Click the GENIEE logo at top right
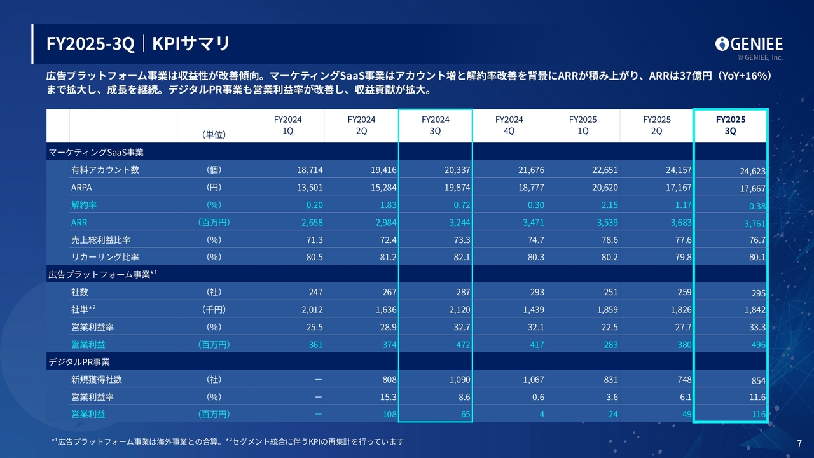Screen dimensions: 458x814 click(748, 44)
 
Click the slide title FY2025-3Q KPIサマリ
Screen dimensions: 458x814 click(138, 43)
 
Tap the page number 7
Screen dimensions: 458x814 click(799, 443)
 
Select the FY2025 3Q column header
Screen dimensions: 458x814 click(730, 125)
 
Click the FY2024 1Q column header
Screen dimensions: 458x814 click(287, 125)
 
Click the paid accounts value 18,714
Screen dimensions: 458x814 click(310, 170)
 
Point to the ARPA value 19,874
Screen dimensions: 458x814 click(457, 188)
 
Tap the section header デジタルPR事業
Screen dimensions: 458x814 click(79, 362)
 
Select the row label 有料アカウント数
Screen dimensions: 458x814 click(105, 170)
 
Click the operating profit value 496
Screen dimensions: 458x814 click(757, 345)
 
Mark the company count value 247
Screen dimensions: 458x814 click(315, 292)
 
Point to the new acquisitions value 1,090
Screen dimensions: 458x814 click(457, 380)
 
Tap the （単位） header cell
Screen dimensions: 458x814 click(214, 134)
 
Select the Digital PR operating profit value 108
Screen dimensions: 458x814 click(389, 414)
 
